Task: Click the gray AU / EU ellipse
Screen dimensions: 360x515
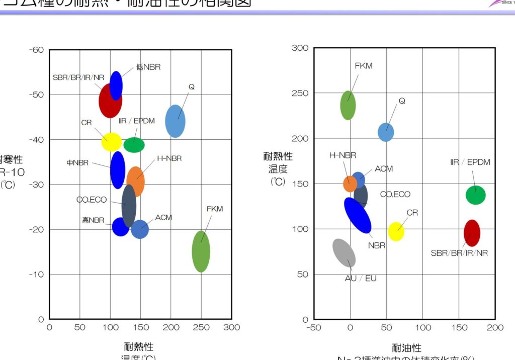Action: pyautogui.click(x=344, y=253)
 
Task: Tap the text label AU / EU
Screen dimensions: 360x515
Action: pyautogui.click(x=361, y=278)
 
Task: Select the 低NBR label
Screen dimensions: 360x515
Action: pyautogui.click(x=148, y=67)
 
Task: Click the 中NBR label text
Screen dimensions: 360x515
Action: pyautogui.click(x=78, y=163)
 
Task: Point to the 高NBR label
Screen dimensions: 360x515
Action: pyautogui.click(x=93, y=220)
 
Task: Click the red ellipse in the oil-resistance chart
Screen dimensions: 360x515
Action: pyautogui.click(x=472, y=233)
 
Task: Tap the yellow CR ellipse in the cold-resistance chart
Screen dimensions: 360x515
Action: pyautogui.click(x=111, y=142)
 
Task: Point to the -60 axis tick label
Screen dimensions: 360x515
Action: pyautogui.click(x=37, y=50)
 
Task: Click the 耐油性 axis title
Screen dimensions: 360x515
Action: pyautogui.click(x=406, y=347)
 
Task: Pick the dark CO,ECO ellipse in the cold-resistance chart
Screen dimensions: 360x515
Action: pyautogui.click(x=129, y=206)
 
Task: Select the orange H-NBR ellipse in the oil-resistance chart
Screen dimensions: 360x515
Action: pyautogui.click(x=350, y=184)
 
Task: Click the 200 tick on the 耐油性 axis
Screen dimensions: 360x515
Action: pyautogui.click(x=495, y=328)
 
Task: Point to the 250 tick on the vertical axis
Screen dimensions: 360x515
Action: pyautogui.click(x=300, y=93)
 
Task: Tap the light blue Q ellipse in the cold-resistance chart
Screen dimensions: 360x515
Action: pyautogui.click(x=175, y=121)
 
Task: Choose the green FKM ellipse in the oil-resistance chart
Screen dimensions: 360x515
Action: pyautogui.click(x=348, y=105)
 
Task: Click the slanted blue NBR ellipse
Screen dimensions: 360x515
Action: pyautogui.click(x=358, y=215)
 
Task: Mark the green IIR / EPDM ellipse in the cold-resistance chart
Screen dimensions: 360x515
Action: pyautogui.click(x=134, y=145)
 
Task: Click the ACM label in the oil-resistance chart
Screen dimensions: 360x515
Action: pyautogui.click(x=384, y=169)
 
